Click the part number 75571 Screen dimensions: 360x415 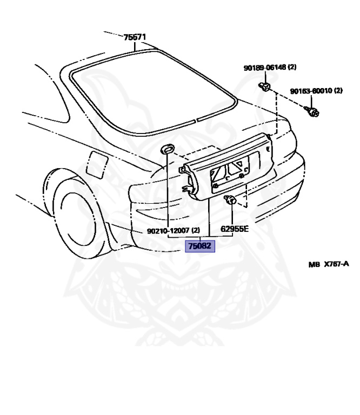click(x=135, y=37)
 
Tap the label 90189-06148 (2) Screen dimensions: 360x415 click(x=270, y=68)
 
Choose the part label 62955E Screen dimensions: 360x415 click(x=234, y=229)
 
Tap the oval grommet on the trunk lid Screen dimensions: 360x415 click(x=168, y=148)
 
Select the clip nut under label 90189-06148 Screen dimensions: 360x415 click(x=265, y=87)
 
